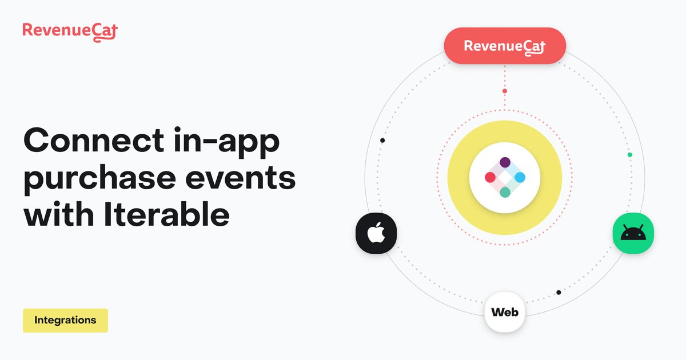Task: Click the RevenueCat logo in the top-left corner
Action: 70,30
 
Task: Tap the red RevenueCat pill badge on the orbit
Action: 505,46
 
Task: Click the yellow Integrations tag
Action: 65,321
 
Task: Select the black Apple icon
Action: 376,234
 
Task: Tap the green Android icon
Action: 633,234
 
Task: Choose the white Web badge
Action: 505,313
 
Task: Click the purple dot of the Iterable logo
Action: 505,163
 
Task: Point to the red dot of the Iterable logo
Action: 490,178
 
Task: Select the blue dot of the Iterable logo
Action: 520,178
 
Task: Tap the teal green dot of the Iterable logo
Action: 505,193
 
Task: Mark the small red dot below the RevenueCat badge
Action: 505,91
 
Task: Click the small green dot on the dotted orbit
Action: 629,154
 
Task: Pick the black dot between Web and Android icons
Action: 559,293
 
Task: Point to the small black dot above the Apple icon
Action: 382,141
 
